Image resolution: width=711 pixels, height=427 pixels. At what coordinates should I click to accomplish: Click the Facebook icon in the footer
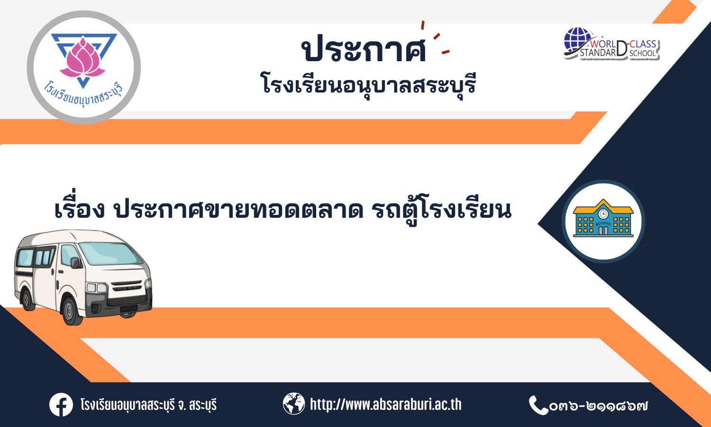pos(61,404)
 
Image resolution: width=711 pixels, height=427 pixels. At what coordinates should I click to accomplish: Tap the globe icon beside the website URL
pos(294,403)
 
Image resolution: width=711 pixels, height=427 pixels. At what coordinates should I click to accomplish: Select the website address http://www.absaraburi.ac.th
pos(386,404)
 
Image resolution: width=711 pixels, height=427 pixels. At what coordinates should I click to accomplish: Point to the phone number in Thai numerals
pos(599,406)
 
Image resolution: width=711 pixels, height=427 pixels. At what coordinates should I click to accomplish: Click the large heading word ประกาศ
pos(364,49)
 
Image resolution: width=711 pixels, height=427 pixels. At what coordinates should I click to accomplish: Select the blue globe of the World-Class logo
pos(578,40)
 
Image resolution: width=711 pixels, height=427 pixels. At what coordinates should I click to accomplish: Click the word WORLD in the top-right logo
pos(603,44)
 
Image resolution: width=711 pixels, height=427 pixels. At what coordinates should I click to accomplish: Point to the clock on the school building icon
pos(603,214)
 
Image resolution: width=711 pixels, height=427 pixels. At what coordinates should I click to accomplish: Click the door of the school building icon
pos(603,230)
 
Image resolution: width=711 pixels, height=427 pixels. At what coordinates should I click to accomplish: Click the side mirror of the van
pos(75,263)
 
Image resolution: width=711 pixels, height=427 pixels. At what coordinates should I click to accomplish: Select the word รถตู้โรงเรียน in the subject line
pos(441,209)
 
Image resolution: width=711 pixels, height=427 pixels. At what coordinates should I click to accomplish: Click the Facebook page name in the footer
pos(148,405)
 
